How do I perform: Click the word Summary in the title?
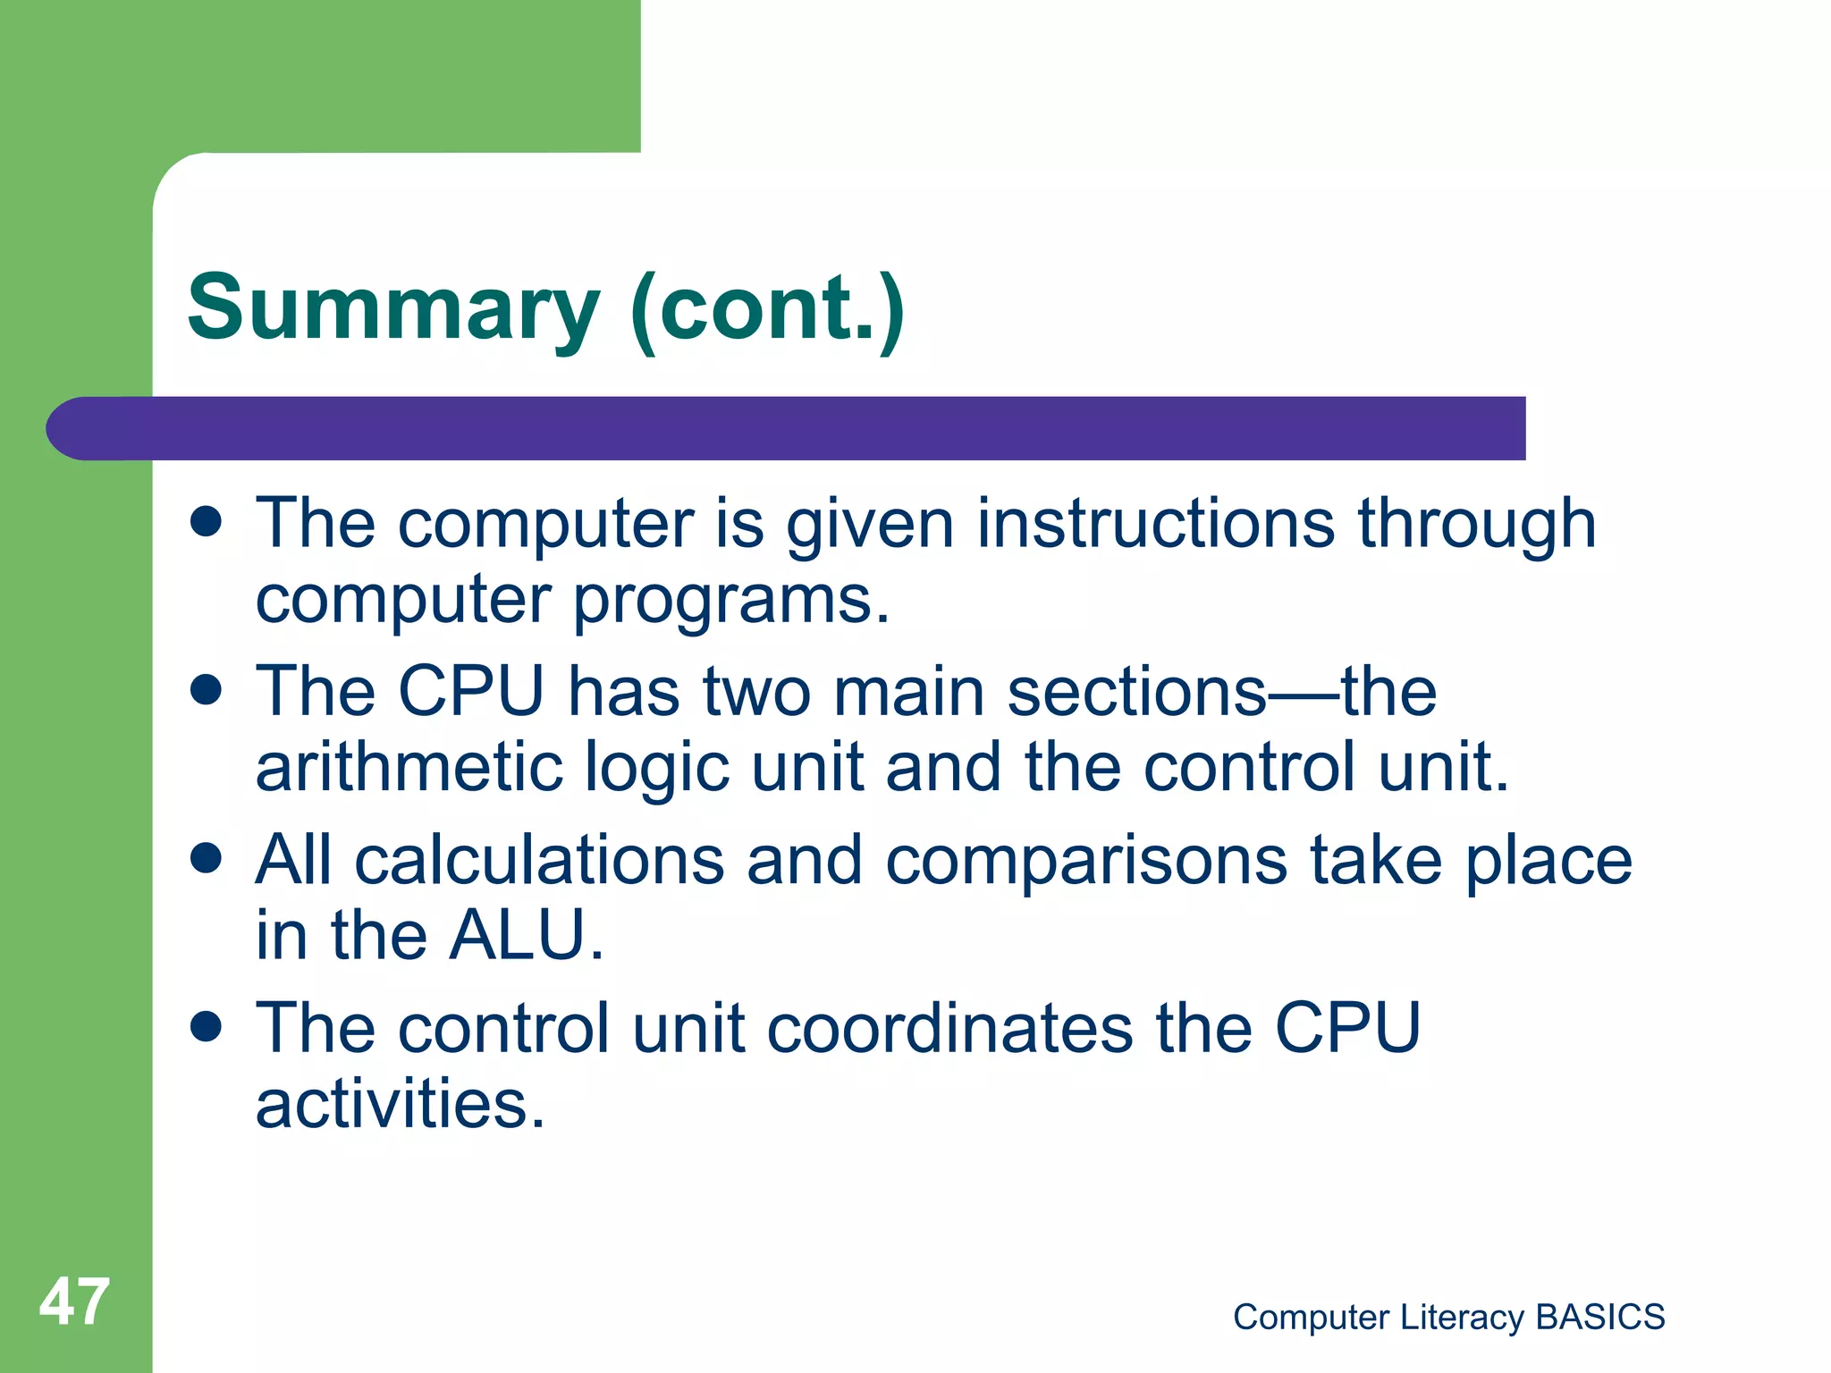[393, 308]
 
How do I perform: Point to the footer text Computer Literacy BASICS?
[1448, 1317]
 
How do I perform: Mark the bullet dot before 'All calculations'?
[207, 858]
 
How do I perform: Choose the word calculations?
[539, 860]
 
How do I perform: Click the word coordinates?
[950, 1028]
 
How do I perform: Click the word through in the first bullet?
[1476, 525]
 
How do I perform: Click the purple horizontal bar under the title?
[805, 428]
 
